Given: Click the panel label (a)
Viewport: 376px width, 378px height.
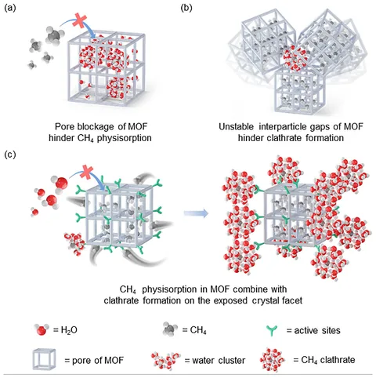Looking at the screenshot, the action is [x=10, y=8].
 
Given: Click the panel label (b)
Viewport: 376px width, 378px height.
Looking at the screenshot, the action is [x=186, y=8].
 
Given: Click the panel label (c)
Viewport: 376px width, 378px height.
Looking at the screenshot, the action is [x=10, y=154].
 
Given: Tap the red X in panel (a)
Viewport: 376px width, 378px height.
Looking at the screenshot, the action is [x=80, y=21].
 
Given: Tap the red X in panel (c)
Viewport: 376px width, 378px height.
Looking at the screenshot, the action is [x=87, y=172].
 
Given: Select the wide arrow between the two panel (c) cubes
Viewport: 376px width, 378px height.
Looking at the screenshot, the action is [x=196, y=213].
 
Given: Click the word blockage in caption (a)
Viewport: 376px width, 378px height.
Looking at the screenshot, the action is [x=96, y=127].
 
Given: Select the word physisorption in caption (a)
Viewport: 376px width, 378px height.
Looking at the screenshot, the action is [x=125, y=138].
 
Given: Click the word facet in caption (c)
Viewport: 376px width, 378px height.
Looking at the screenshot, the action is [x=292, y=300].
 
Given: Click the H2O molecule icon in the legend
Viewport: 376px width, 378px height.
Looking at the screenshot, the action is [x=42, y=329].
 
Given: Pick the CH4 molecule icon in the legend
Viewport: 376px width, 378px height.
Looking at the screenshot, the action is [x=170, y=329].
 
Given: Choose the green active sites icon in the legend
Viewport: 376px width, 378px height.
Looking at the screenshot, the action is [x=272, y=331].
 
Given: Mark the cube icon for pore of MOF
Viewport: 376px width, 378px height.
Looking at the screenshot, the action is [x=44, y=360].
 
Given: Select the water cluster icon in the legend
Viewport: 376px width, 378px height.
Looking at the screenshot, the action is [x=166, y=360].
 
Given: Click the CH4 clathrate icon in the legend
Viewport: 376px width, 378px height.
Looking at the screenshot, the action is [x=273, y=360].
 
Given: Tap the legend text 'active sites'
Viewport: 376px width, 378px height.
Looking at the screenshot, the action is [x=317, y=330].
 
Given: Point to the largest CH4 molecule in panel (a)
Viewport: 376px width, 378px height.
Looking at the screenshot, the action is [x=54, y=36].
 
